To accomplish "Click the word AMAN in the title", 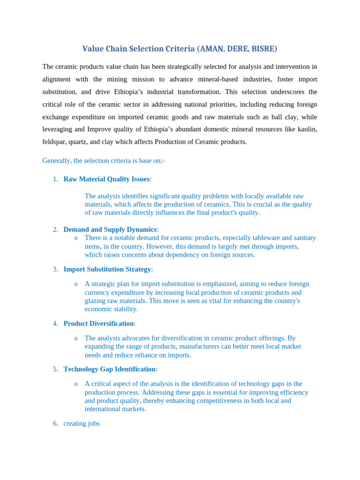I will (210, 49).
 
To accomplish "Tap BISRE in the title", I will (263, 49).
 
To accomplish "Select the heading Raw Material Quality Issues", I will (106, 179).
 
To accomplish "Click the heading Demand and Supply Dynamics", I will (110, 229).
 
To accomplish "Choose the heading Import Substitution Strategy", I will (107, 269).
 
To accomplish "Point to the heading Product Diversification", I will (98, 323).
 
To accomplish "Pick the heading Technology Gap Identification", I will (109, 369).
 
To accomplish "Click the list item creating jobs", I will (82, 423).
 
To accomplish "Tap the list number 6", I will (55, 423).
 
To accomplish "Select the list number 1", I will (55, 179).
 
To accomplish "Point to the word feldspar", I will (55, 142).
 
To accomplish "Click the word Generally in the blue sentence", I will (57, 160).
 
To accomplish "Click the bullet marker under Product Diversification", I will (76, 338).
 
